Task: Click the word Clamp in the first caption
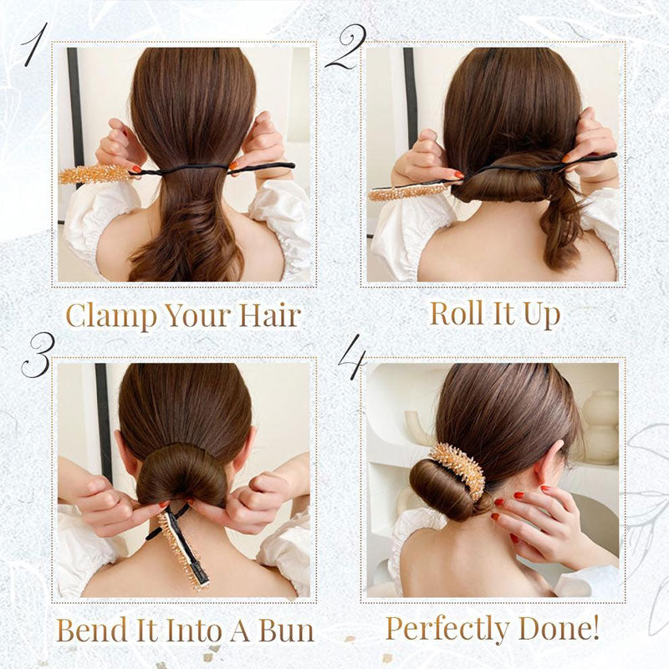coord(108,315)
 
